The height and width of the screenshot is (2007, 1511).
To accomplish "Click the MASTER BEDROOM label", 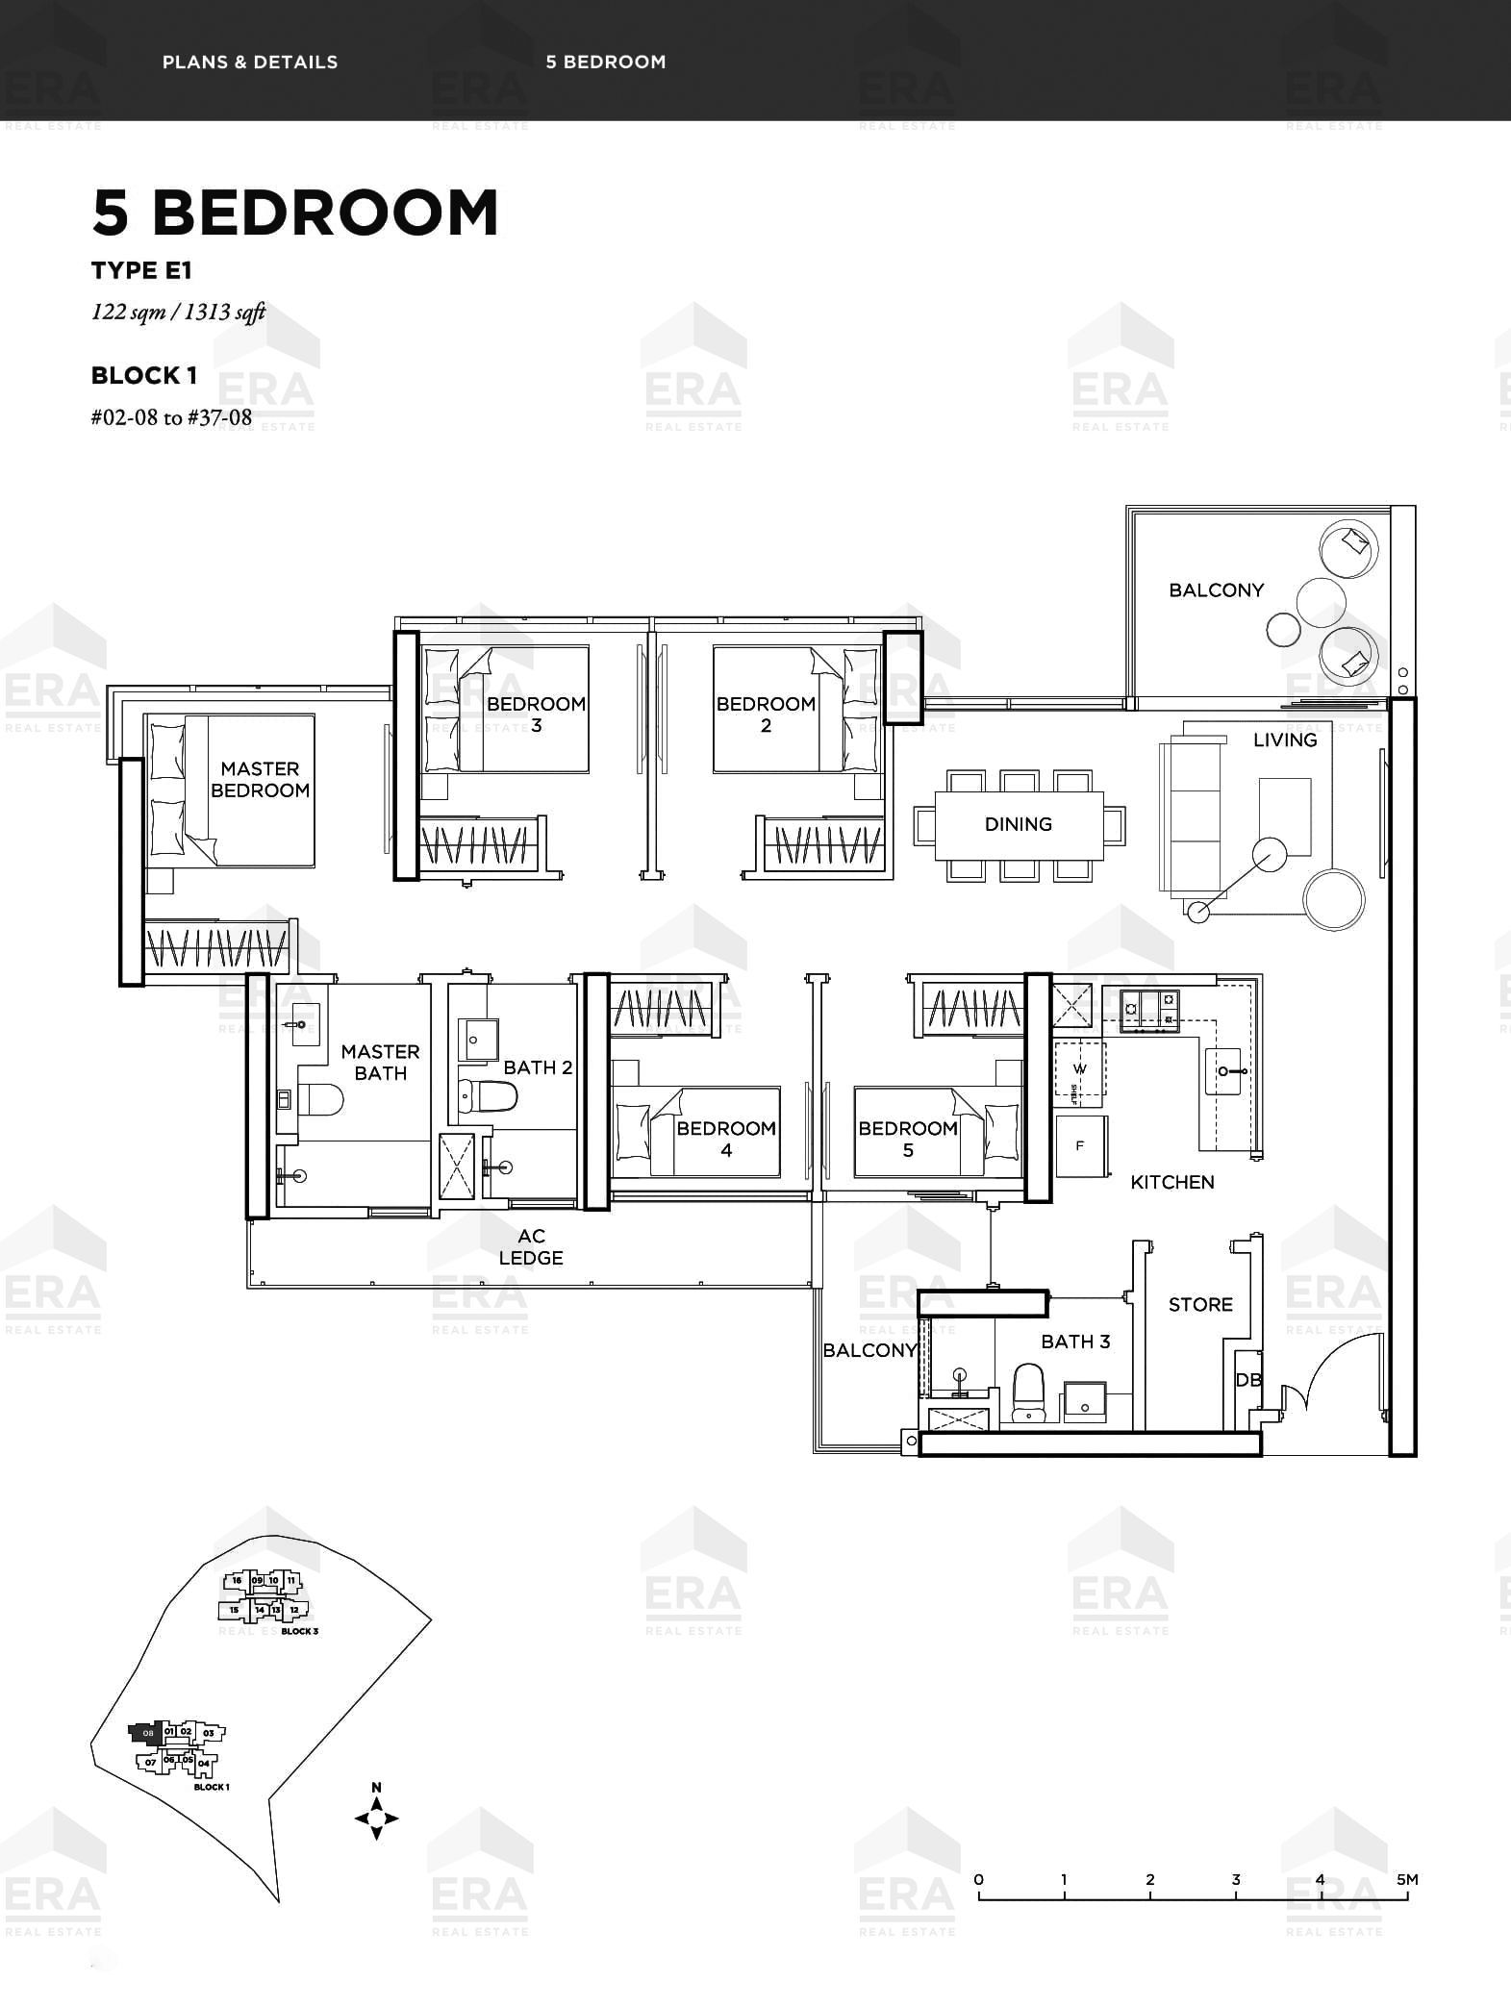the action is [260, 780].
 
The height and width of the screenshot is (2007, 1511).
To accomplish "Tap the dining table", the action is [1019, 824].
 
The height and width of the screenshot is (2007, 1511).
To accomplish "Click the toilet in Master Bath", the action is [319, 1099].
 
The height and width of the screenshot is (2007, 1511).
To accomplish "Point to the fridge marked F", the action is [1081, 1145].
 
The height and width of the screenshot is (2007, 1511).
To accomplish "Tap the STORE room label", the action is [1200, 1305].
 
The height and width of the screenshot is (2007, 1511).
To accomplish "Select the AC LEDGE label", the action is [531, 1247].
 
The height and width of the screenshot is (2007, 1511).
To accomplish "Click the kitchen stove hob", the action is [1150, 1010].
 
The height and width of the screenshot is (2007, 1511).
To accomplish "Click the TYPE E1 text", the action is [141, 270].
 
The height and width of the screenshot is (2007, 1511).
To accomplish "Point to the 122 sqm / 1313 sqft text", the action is [178, 312].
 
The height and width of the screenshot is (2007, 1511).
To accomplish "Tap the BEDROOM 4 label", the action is [726, 1139].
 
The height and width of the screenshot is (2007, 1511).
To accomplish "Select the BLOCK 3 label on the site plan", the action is [300, 1631].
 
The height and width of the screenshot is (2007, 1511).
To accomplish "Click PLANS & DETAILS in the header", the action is [250, 63].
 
